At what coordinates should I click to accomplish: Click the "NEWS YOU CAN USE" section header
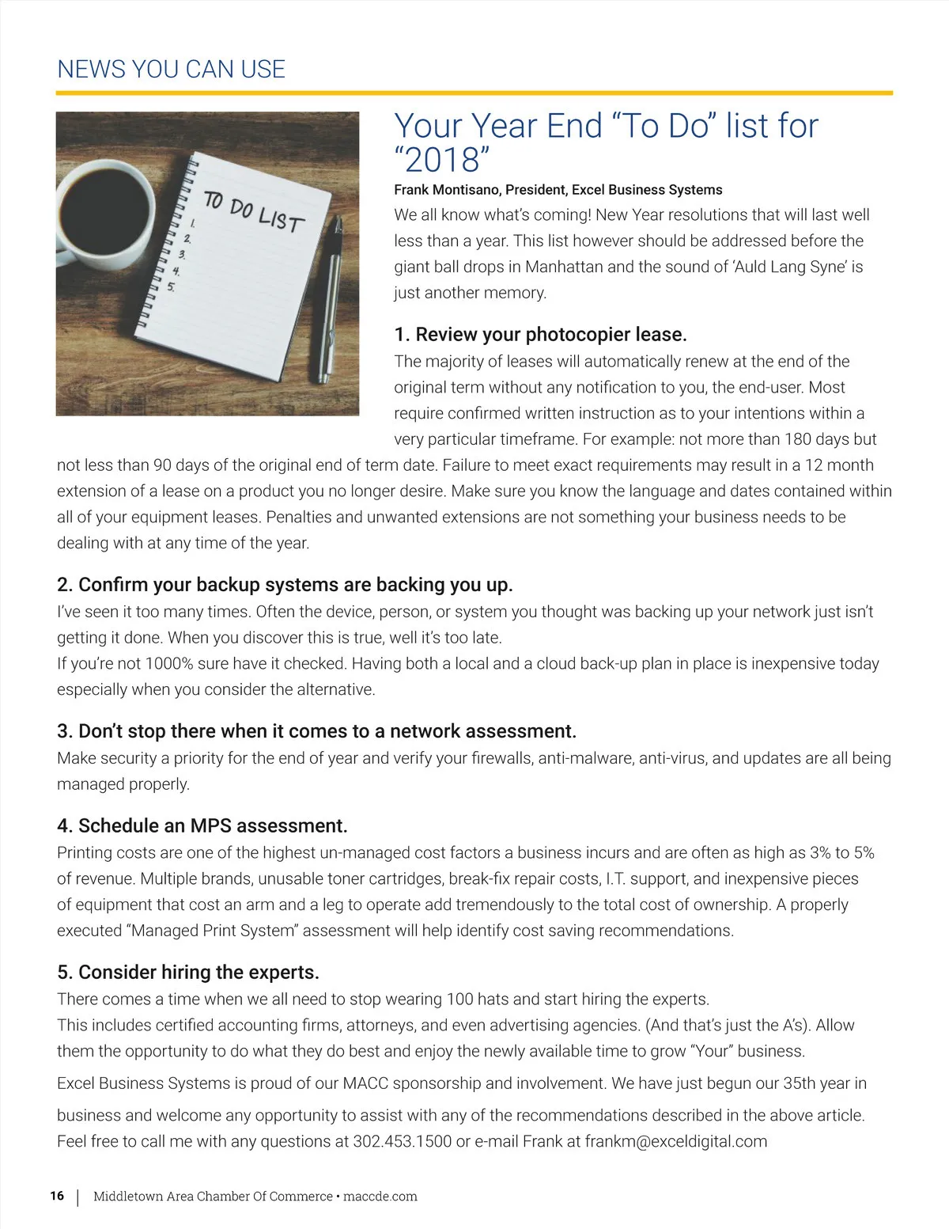tap(171, 70)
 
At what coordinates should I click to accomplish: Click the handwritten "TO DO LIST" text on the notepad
tap(253, 211)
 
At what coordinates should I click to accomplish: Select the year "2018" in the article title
tap(442, 161)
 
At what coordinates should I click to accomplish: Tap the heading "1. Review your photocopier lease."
tap(540, 335)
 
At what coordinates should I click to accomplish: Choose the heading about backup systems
tap(285, 585)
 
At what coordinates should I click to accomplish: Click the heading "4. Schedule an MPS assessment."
tap(202, 826)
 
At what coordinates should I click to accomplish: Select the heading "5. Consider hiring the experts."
tap(188, 973)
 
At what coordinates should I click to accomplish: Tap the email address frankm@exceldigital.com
tap(676, 1142)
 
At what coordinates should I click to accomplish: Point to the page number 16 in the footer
tap(57, 1196)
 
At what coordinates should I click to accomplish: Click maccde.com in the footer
tap(380, 1197)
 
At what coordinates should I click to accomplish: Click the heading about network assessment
tap(316, 731)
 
